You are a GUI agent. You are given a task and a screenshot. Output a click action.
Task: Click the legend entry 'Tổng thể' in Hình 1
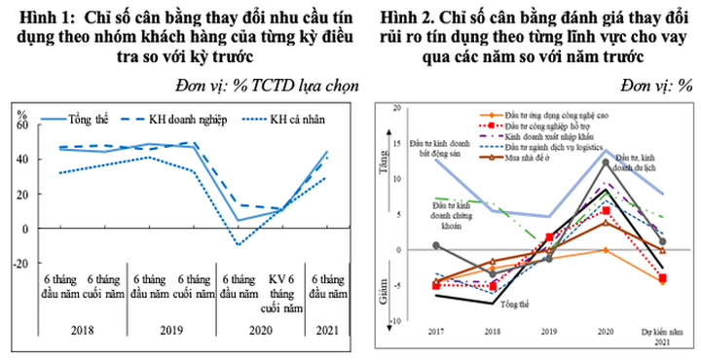tap(88, 120)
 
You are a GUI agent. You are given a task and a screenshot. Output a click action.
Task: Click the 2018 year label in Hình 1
tap(81, 331)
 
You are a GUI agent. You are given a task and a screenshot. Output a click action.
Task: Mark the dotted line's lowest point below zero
tap(240, 244)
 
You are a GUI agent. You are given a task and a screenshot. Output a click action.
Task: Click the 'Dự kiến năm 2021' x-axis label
tap(662, 337)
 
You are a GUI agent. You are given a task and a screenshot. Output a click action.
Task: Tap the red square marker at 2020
tap(606, 210)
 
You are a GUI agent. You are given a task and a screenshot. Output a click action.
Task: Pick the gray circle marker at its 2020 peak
tap(606, 162)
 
